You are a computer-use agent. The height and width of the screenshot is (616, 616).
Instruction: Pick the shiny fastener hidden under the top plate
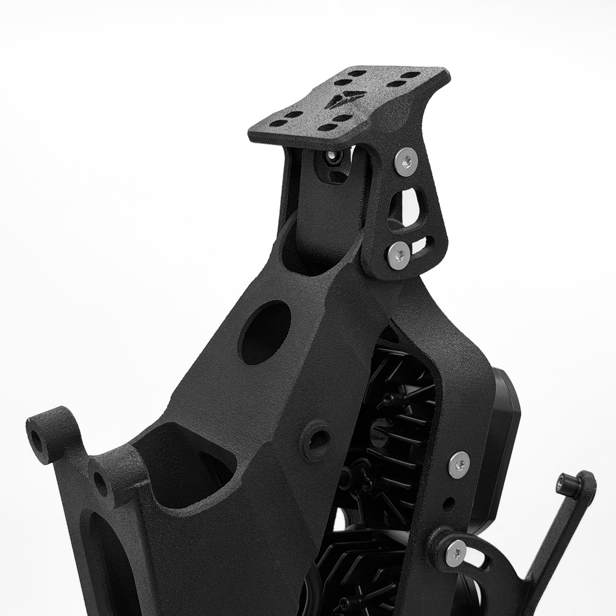pos(331,157)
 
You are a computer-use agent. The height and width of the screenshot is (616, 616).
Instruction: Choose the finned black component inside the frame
pos(401,409)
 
